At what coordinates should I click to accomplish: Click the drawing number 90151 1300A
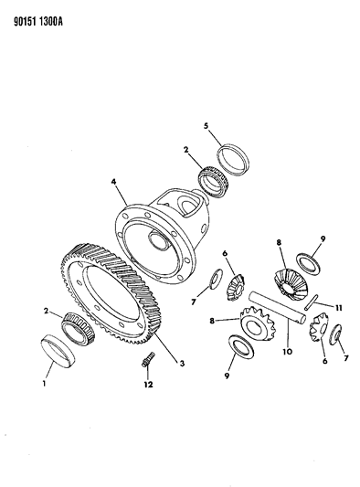[38, 22]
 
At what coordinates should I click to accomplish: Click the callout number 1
[45, 383]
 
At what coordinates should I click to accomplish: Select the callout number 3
[182, 363]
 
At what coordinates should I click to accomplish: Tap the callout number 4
[113, 182]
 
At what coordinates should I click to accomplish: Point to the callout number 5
[206, 126]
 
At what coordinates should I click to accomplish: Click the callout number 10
[287, 352]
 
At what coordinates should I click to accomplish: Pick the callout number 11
[338, 308]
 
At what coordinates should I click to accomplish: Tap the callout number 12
[148, 384]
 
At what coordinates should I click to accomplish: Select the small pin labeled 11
[310, 302]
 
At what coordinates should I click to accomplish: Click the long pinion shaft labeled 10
[278, 307]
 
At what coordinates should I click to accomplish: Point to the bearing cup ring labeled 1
[58, 351]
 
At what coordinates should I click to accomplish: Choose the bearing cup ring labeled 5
[233, 161]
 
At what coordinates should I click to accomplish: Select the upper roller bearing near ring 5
[214, 182]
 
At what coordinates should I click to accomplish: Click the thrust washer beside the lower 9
[241, 347]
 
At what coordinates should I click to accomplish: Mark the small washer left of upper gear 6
[217, 279]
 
